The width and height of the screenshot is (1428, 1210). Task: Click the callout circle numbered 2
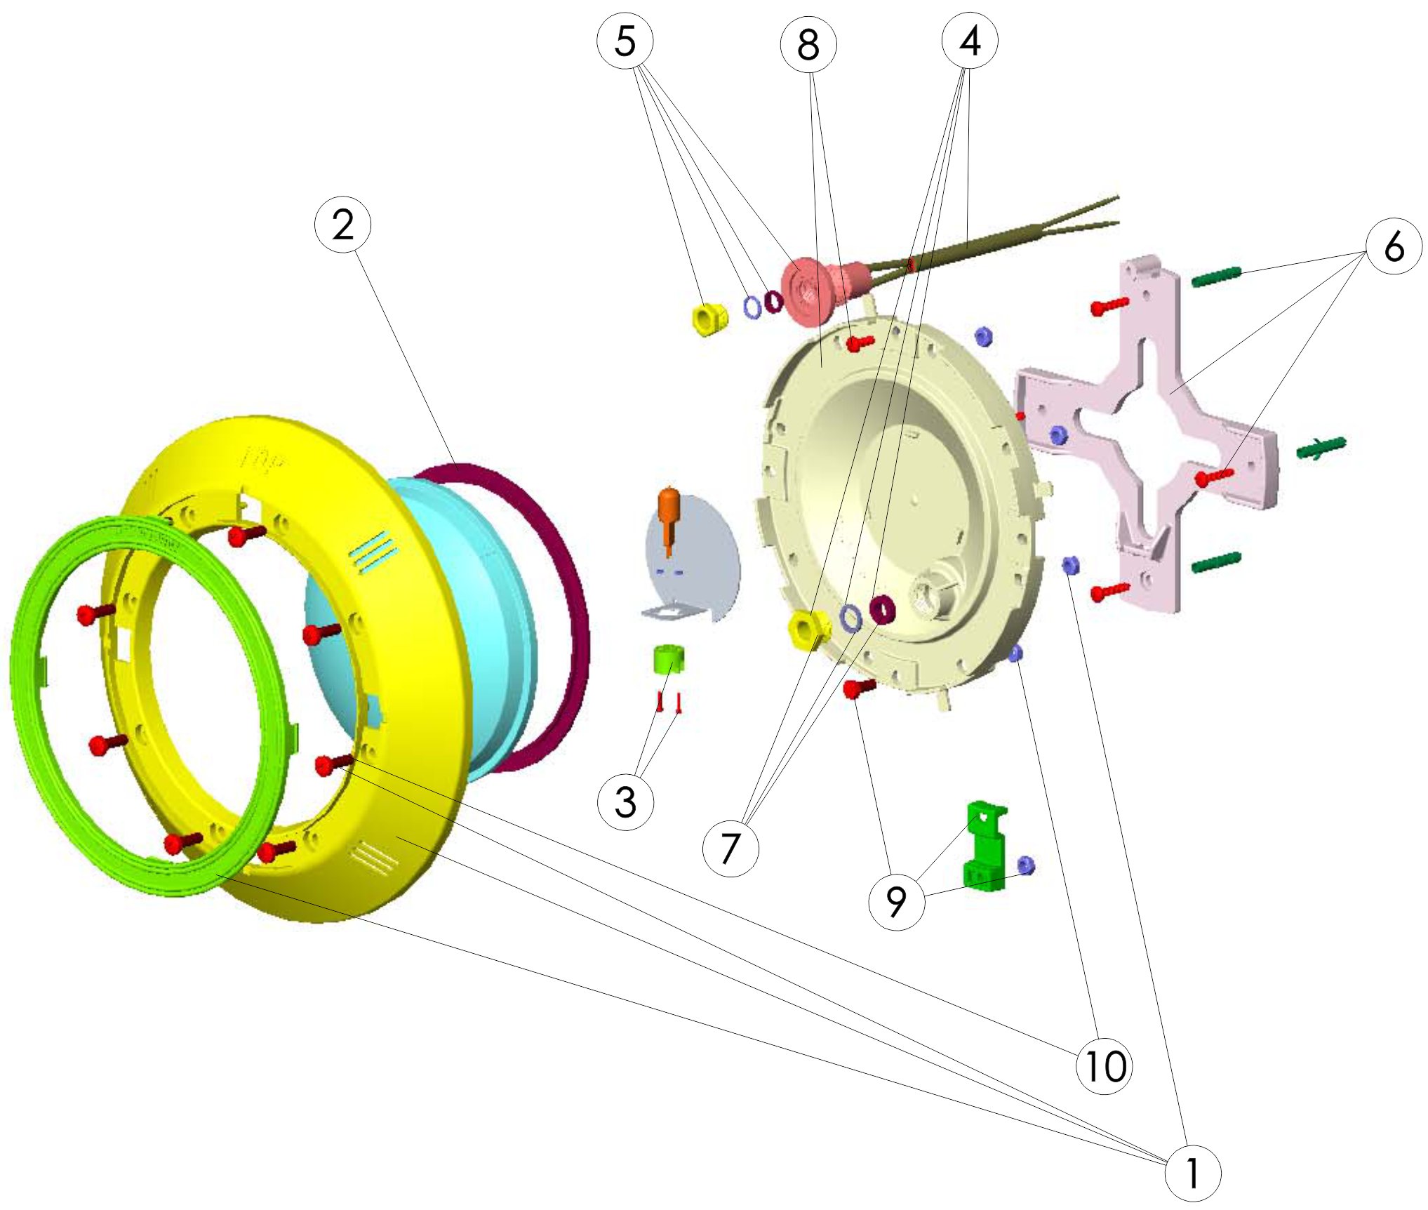(x=342, y=225)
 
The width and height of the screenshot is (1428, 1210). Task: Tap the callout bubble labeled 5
(x=625, y=41)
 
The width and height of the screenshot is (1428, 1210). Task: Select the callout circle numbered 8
(x=808, y=44)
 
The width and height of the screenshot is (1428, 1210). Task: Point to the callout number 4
(x=970, y=41)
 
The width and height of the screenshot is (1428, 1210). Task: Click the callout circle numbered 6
(x=1394, y=246)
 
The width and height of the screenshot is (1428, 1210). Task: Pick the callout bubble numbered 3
(x=625, y=802)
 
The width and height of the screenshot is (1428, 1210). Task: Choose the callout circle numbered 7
(x=730, y=848)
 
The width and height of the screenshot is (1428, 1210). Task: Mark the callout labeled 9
(x=896, y=902)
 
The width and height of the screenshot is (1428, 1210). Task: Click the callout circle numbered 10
(x=1104, y=1066)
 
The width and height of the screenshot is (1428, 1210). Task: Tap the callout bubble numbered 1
(x=1192, y=1173)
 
